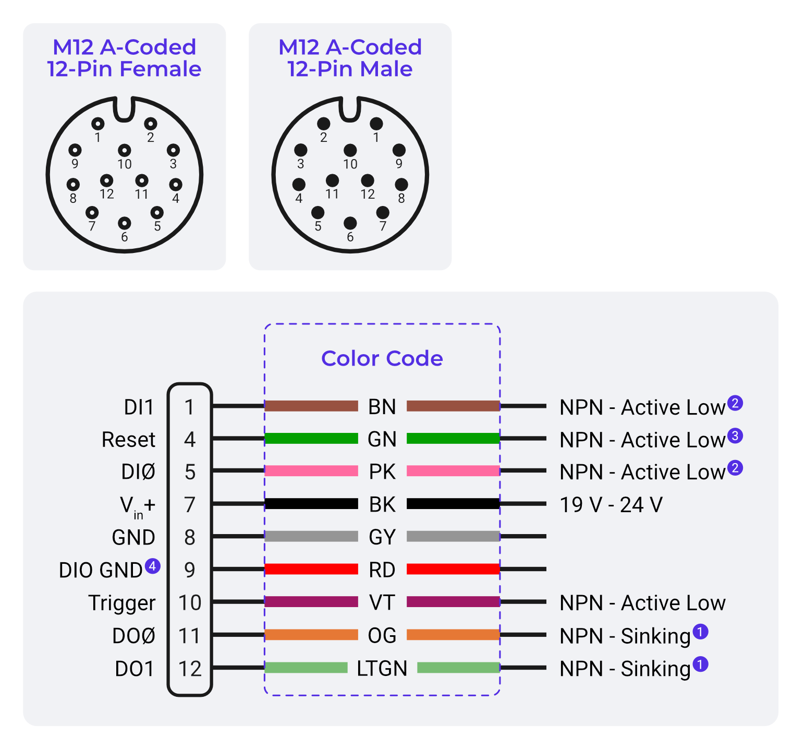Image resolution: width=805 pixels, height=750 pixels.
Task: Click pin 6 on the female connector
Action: click(124, 223)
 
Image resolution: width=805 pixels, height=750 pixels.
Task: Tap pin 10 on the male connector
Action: click(350, 151)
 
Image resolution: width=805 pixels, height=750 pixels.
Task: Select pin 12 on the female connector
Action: click(106, 180)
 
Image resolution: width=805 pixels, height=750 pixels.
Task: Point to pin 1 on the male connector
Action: click(376, 124)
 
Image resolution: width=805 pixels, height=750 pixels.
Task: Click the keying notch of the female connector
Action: click(124, 108)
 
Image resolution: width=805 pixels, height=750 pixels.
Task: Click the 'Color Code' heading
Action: click(382, 358)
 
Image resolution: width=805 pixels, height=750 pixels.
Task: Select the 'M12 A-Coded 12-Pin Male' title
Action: click(350, 58)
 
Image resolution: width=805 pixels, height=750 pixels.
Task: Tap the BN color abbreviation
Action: click(382, 407)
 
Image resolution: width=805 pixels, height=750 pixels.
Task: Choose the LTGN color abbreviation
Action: click(382, 668)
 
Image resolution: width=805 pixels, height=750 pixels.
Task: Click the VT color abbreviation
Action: click(382, 602)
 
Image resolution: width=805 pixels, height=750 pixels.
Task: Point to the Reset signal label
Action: click(128, 440)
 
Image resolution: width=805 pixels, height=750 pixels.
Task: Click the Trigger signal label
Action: click(121, 603)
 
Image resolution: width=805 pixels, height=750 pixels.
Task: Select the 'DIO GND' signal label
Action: click(101, 570)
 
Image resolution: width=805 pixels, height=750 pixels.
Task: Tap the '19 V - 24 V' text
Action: click(611, 505)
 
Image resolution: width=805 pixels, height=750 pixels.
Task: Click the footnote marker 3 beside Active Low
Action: click(735, 436)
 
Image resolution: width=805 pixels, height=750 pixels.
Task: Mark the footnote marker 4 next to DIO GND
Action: click(152, 566)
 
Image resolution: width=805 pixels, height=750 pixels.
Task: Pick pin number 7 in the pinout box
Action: click(190, 505)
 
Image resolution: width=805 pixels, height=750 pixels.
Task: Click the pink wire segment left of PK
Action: click(311, 471)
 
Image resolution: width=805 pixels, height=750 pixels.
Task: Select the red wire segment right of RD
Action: click(453, 569)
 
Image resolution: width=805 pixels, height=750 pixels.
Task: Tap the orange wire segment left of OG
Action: click(311, 635)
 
